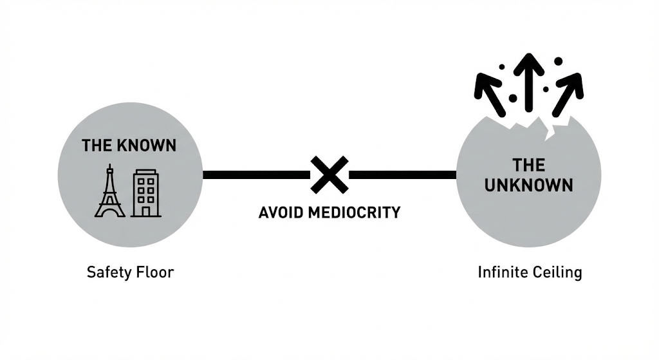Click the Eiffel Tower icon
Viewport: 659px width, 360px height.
pos(110,191)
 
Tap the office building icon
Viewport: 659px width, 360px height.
pos(146,193)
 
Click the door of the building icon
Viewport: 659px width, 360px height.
pos(146,210)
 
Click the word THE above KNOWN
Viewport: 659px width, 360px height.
pos(97,145)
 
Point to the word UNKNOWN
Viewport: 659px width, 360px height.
pos(528,185)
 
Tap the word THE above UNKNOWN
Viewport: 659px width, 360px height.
pos(529,166)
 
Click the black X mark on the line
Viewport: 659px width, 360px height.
pos(329,175)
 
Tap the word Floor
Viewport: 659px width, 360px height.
pos(154,272)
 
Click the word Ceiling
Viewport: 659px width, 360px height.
pos(557,272)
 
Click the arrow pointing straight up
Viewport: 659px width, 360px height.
pos(528,81)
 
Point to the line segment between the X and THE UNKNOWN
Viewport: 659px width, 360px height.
pos(402,175)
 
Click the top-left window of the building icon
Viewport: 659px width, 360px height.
pos(140,182)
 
